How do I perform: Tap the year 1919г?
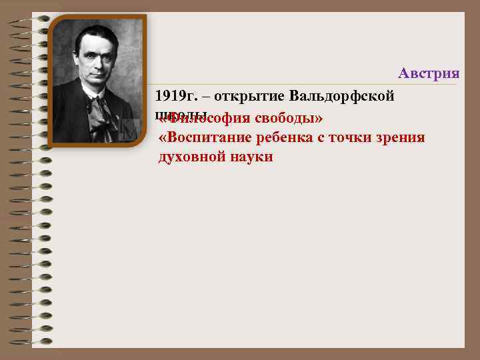175,95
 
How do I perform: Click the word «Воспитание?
202,138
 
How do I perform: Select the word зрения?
402,138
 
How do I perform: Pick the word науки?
251,157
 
